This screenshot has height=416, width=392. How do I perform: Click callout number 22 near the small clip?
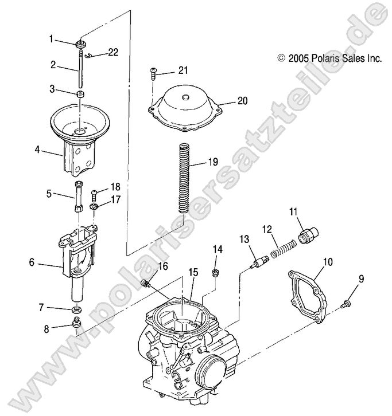point(112,52)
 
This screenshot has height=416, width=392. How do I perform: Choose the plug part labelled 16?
point(146,283)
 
